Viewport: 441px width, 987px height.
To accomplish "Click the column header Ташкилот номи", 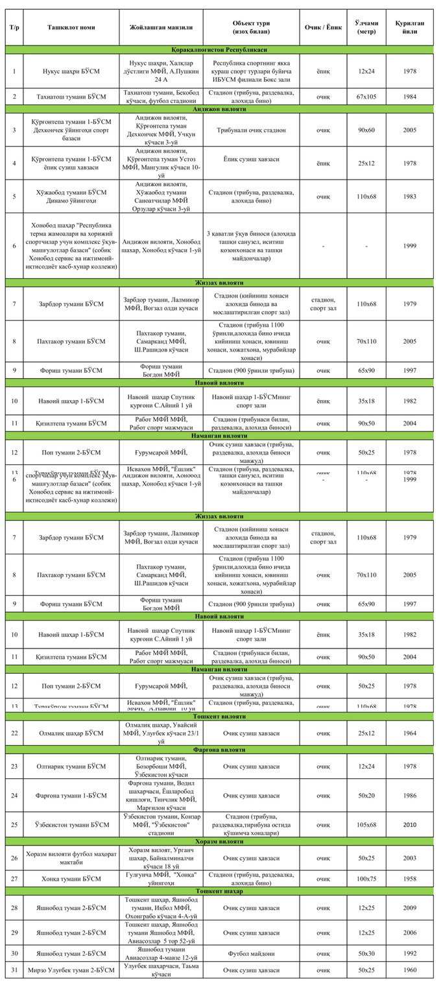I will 71,27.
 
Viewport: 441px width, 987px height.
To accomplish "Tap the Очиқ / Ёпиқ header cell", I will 322,27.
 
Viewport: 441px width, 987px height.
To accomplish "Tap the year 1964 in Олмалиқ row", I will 410,733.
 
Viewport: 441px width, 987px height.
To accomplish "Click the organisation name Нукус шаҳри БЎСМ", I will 71,70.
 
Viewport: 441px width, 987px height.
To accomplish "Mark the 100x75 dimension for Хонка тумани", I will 366,879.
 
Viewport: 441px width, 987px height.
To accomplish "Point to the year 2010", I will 410,824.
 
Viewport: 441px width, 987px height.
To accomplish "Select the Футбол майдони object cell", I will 251,954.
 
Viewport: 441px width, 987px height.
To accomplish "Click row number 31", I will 14,969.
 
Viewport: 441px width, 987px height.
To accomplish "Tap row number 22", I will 14,733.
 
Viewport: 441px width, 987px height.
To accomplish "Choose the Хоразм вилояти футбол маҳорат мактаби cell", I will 71,857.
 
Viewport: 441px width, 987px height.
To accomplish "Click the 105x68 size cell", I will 366,824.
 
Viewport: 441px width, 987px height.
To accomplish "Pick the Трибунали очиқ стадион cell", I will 251,130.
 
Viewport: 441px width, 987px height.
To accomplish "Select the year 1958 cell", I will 410,879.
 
